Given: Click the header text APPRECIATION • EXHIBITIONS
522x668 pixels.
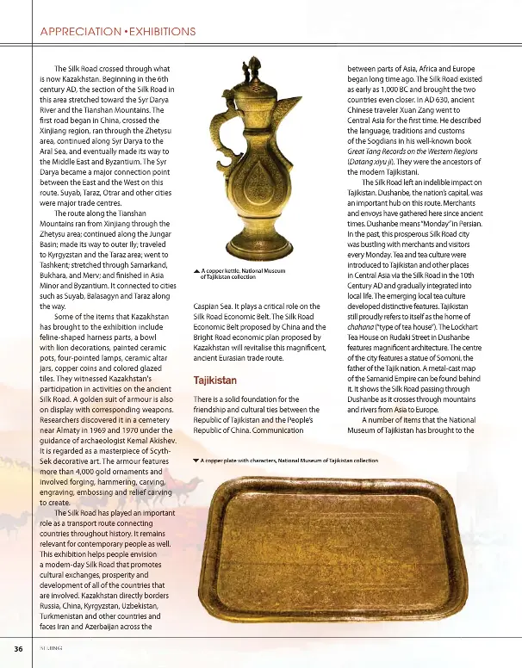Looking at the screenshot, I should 118,32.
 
